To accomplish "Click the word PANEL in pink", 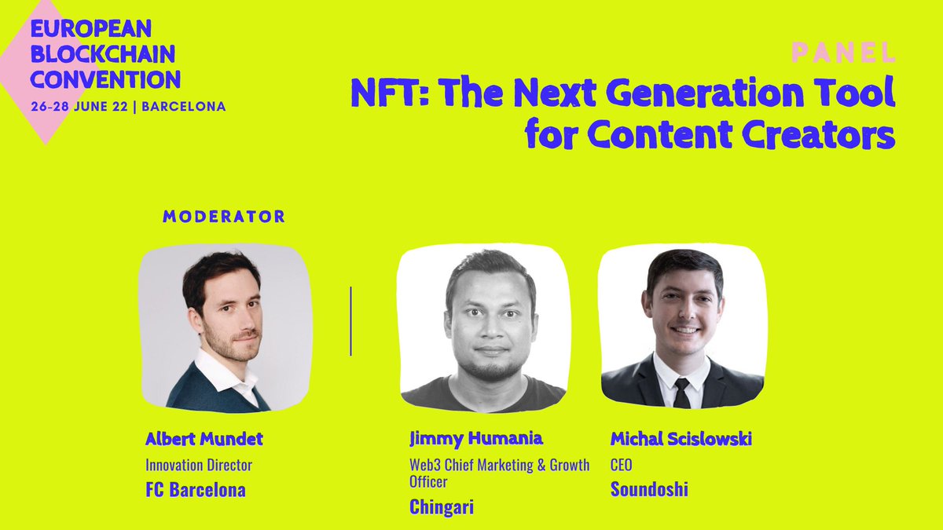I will pos(842,53).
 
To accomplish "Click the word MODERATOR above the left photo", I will pos(224,216).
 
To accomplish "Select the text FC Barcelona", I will pos(196,490).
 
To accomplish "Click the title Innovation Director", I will pos(199,465).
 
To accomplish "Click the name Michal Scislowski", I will pos(681,438).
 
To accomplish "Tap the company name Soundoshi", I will pos(649,489).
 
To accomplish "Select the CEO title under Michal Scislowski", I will pos(621,465).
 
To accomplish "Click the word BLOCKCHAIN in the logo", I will pos(102,55).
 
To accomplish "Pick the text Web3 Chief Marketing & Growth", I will pos(499,466).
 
